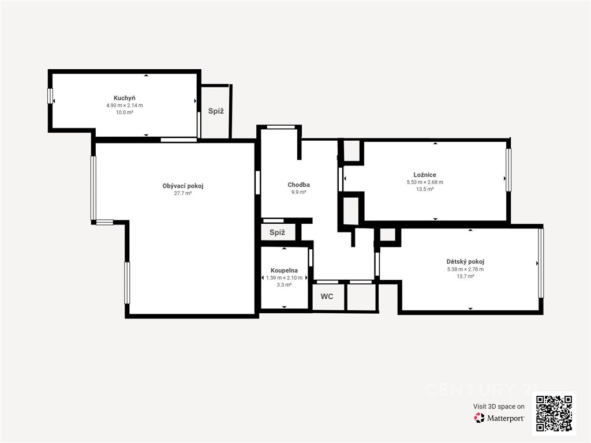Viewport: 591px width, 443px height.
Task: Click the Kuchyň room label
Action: [x=125, y=98]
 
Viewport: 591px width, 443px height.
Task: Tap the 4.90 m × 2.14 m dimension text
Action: [x=125, y=106]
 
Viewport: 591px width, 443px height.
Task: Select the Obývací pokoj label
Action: [x=183, y=186]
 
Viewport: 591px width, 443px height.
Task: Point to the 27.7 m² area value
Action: [x=183, y=193]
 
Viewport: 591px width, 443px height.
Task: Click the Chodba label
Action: [x=298, y=185]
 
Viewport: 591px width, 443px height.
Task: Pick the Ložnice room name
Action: [x=425, y=175]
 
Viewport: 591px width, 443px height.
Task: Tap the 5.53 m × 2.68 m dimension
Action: [x=425, y=182]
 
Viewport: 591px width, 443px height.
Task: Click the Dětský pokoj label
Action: [x=465, y=261]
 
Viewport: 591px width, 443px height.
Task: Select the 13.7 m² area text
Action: [x=465, y=276]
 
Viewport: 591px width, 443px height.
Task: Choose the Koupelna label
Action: [x=284, y=271]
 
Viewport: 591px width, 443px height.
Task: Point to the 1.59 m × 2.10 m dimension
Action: [x=284, y=277]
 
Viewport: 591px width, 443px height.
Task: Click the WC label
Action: [x=327, y=296]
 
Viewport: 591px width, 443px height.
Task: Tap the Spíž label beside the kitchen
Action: [x=216, y=111]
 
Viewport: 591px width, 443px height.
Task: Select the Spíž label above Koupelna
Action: [x=277, y=232]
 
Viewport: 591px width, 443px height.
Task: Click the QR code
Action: [x=554, y=413]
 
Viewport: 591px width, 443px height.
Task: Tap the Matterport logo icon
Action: [x=479, y=418]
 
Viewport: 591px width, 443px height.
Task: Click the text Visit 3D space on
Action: [x=499, y=407]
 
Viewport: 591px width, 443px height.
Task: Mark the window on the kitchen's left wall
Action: [x=50, y=96]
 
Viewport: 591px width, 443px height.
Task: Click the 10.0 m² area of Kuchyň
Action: [x=125, y=112]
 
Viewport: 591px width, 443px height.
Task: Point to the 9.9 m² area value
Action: [x=298, y=192]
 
